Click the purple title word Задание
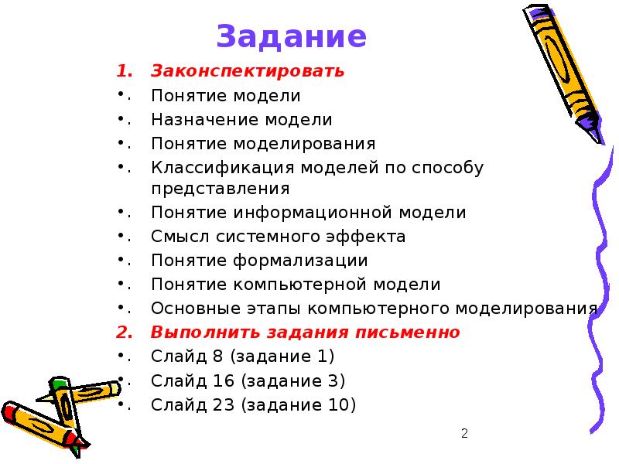pyautogui.click(x=291, y=36)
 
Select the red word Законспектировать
pyautogui.click(x=248, y=72)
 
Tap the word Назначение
pyautogui.click(x=205, y=120)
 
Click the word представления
pyautogui.click(x=221, y=189)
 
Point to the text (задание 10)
pyautogui.click(x=297, y=404)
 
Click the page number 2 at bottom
pyautogui.click(x=464, y=434)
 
